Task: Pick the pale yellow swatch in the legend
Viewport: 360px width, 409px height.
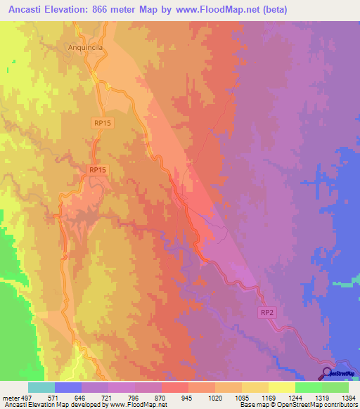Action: coord(281,387)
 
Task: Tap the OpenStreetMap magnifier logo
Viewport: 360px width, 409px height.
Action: coord(327,372)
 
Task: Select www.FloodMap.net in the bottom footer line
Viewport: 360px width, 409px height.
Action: coord(135,405)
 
